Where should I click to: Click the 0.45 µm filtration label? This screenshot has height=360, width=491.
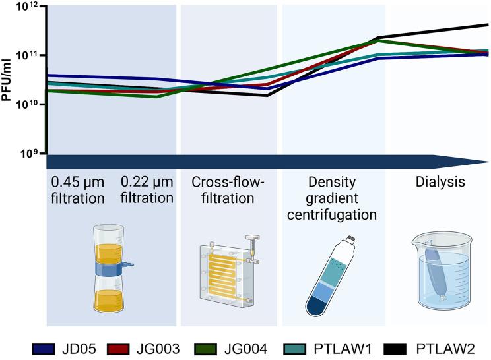[75, 188]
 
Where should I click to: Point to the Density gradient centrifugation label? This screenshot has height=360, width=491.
[333, 197]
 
